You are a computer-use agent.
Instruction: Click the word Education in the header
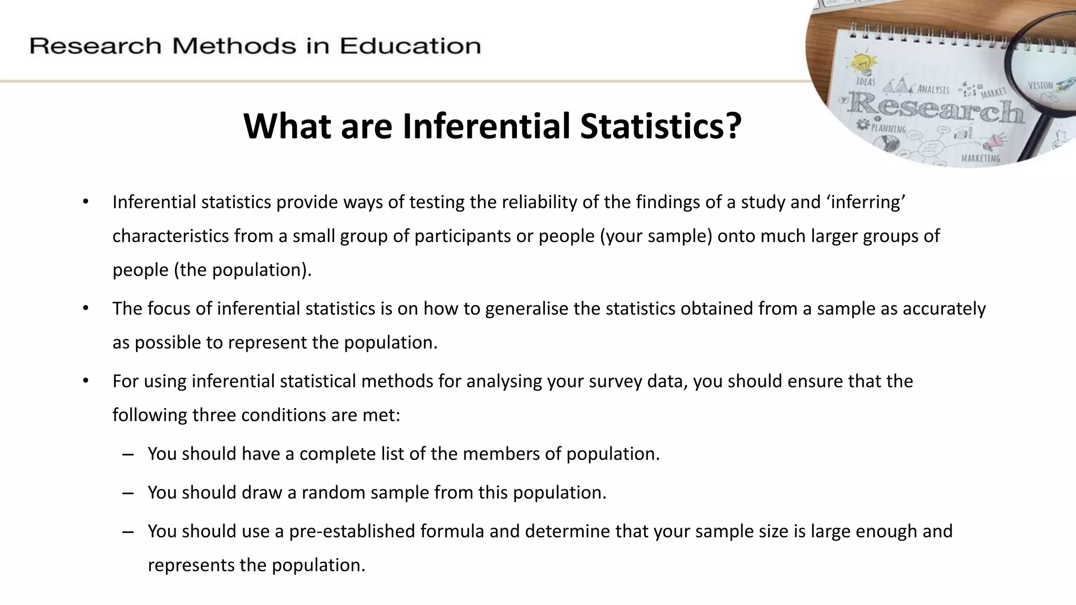click(410, 46)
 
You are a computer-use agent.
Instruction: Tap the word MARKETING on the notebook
click(980, 158)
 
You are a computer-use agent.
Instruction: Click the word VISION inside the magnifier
click(1040, 85)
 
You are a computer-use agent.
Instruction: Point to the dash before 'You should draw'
click(128, 493)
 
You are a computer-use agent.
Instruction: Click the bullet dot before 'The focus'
click(86, 308)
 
